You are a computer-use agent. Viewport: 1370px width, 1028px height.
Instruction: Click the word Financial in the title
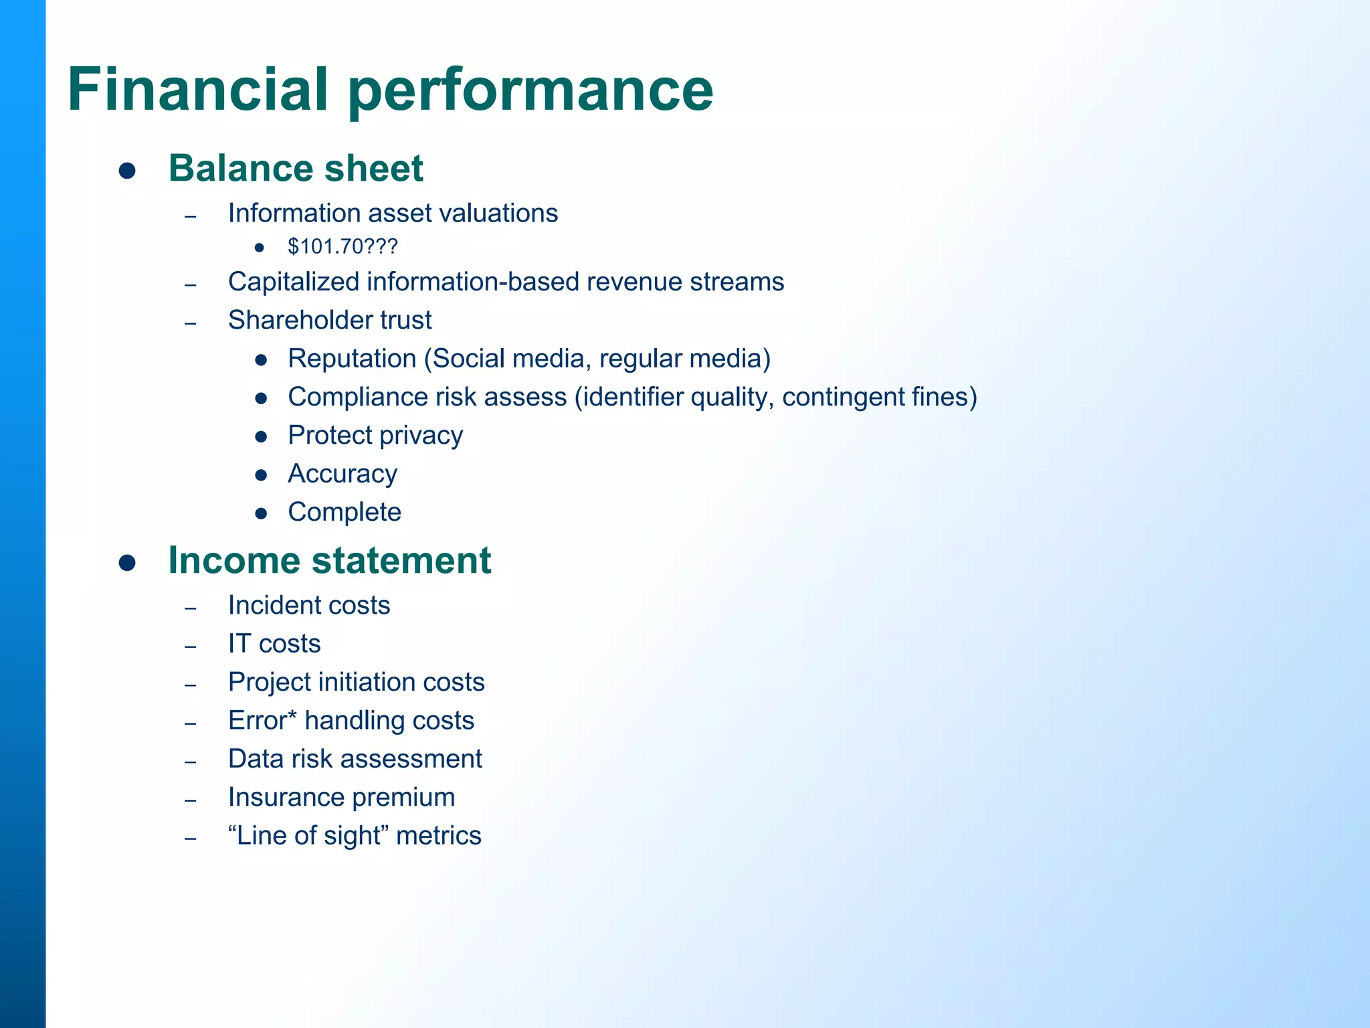[x=198, y=90]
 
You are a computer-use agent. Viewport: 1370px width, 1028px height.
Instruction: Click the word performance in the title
[x=530, y=90]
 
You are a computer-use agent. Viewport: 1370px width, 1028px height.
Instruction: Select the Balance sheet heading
[x=296, y=168]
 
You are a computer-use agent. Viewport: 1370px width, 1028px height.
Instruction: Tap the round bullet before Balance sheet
[x=127, y=171]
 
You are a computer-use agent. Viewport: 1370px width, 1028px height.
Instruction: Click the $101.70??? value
[x=342, y=247]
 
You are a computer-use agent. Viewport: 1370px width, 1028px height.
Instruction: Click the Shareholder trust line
[x=330, y=320]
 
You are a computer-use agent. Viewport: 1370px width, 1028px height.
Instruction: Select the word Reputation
[x=352, y=359]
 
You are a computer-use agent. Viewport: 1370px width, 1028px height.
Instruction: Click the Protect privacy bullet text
[x=375, y=436]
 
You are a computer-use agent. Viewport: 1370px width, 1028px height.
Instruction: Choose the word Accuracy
[x=342, y=474]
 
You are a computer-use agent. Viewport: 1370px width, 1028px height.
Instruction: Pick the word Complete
[x=345, y=512]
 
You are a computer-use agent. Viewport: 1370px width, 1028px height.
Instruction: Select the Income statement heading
[x=329, y=560]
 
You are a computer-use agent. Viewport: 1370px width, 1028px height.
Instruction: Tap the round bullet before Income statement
[x=127, y=562]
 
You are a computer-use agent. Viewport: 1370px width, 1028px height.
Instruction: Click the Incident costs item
[x=309, y=605]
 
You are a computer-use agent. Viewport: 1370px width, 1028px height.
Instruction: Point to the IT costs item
[x=274, y=644]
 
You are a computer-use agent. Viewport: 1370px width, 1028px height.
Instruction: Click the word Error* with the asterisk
[x=262, y=720]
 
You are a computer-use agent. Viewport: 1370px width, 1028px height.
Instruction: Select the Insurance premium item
[x=341, y=797]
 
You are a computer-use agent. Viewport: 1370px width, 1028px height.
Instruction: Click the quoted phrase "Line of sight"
[x=308, y=836]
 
